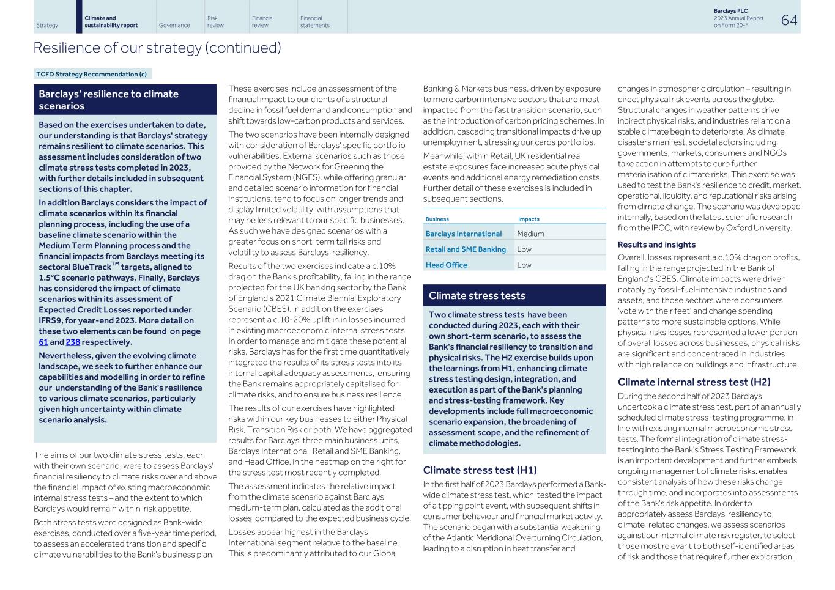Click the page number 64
(x=789, y=20)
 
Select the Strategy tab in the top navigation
(x=47, y=25)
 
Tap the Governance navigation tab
(x=174, y=25)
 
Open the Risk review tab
(x=215, y=21)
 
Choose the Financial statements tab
(x=314, y=21)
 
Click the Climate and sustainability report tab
(x=111, y=21)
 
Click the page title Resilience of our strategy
(x=157, y=48)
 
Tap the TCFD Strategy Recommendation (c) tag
(x=92, y=74)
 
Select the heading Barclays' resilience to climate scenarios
(x=108, y=100)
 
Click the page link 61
(x=43, y=342)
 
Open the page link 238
(x=73, y=342)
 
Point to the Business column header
(x=437, y=219)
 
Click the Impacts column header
(x=529, y=219)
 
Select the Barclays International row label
(x=463, y=234)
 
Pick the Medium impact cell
(x=530, y=234)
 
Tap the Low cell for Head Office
(x=524, y=265)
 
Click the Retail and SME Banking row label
(x=466, y=249)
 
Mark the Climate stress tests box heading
(x=477, y=296)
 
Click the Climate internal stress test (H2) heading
(x=694, y=382)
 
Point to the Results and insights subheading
(x=656, y=245)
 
